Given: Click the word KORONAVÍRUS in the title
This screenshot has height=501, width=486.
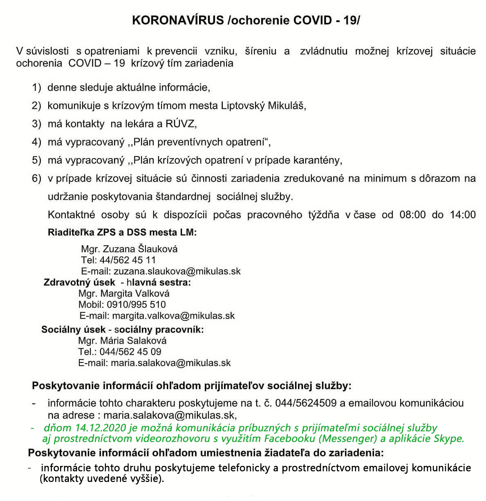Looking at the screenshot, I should pyautogui.click(x=178, y=20).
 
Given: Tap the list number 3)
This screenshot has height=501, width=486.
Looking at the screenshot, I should pyautogui.click(x=37, y=123).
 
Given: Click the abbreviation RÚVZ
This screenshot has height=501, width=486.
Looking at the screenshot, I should pyautogui.click(x=181, y=123).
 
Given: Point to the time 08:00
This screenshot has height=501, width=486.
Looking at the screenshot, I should pyautogui.click(x=412, y=215).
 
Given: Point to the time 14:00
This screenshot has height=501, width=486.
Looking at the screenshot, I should pyautogui.click(x=463, y=215).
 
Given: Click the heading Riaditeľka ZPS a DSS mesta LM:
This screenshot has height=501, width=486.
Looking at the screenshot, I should pyautogui.click(x=123, y=233).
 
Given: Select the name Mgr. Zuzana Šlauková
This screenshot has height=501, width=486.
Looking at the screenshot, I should pyautogui.click(x=129, y=249).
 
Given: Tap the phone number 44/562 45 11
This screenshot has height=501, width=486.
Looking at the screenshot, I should pyautogui.click(x=128, y=260).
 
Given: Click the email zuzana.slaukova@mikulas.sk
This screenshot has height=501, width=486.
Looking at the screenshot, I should pyautogui.click(x=177, y=271).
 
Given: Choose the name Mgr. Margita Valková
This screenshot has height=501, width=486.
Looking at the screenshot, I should pyautogui.click(x=124, y=293).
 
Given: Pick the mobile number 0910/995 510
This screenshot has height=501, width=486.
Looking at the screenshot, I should pyautogui.click(x=137, y=304).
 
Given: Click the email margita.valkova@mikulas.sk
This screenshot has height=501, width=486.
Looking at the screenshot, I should pyautogui.click(x=173, y=315).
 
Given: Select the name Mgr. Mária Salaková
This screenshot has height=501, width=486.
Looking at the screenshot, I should pyautogui.click(x=123, y=340).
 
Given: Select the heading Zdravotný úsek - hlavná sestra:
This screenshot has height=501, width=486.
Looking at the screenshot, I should pyautogui.click(x=117, y=282).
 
